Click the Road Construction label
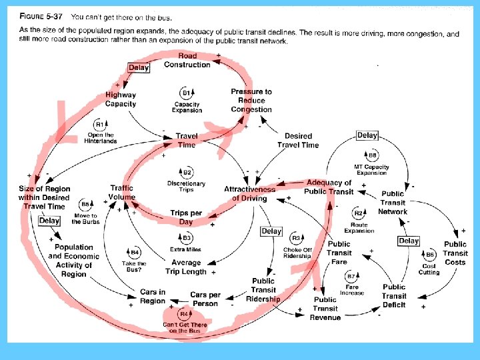click(187, 60)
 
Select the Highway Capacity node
click(121, 99)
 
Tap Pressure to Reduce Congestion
click(251, 100)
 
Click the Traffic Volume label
click(122, 193)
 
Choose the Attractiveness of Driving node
click(245, 193)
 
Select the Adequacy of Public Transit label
click(328, 187)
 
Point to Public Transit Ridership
click(263, 290)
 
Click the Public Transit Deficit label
click(394, 296)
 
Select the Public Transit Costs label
click(455, 253)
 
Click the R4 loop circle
click(183, 313)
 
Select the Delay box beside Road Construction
click(139, 67)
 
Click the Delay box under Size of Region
click(49, 221)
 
